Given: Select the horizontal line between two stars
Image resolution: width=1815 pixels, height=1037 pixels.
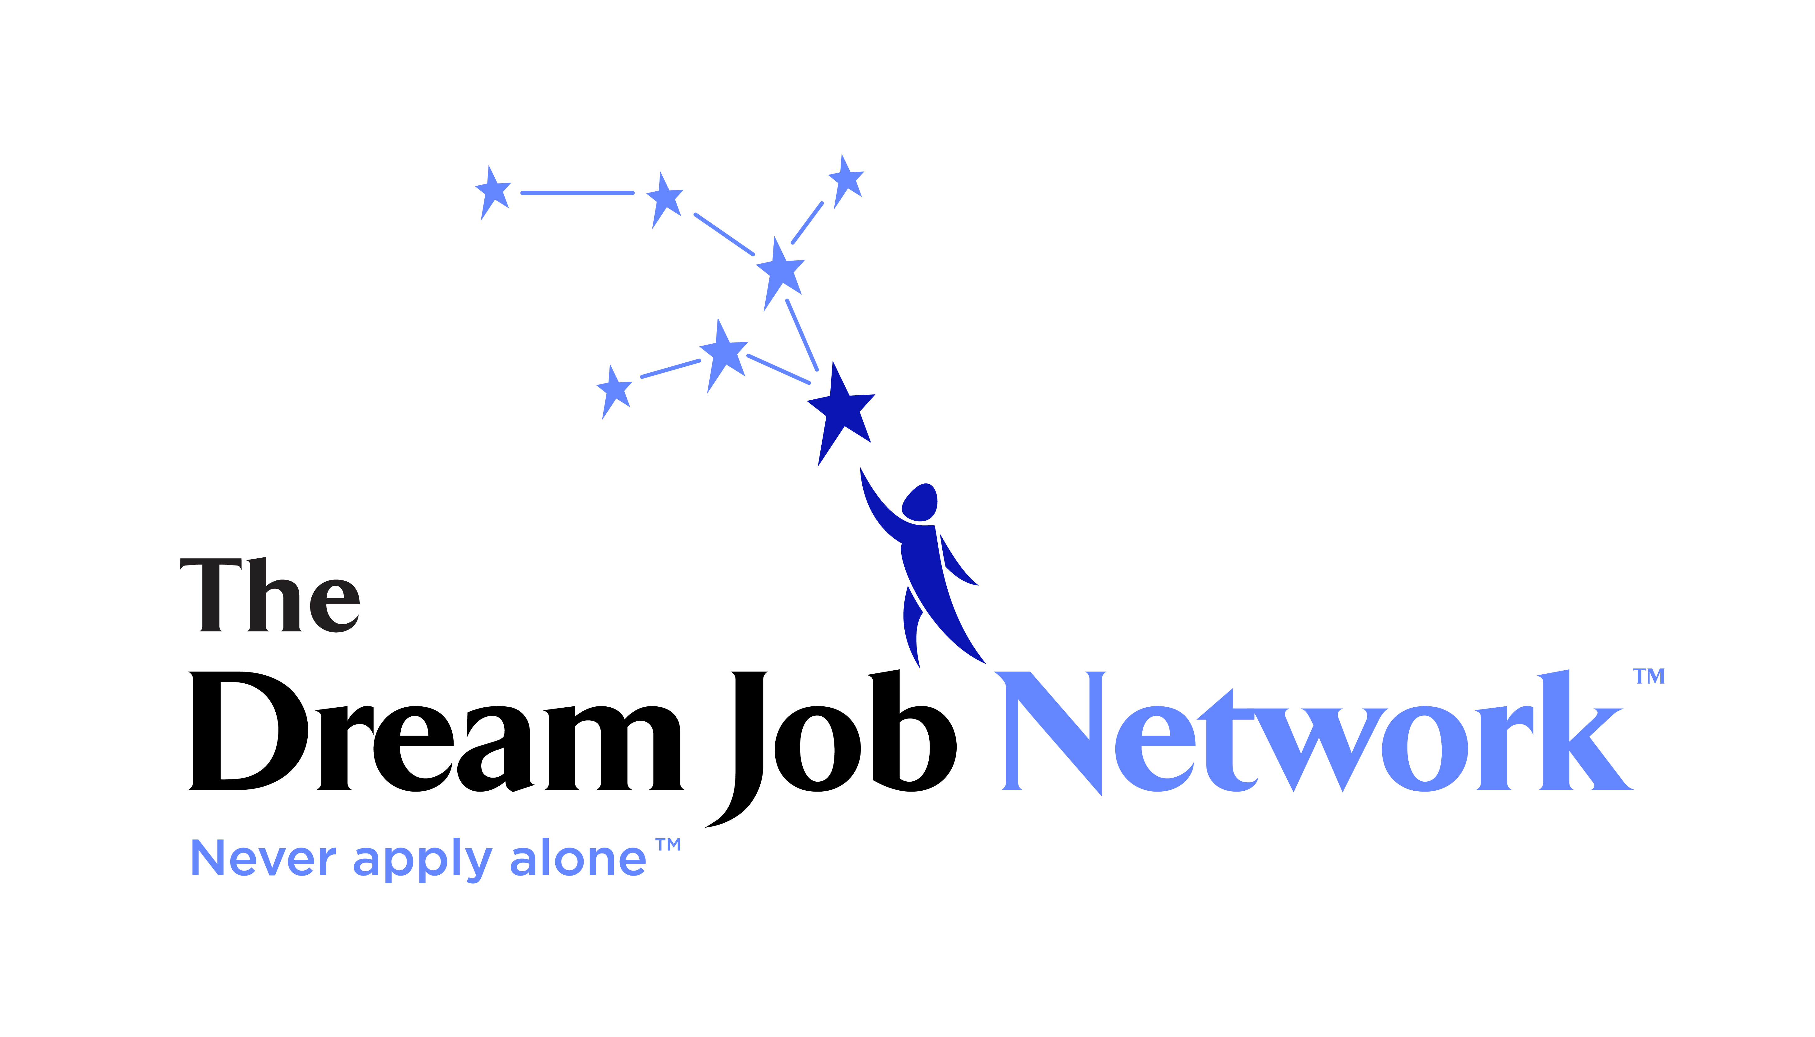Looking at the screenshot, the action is tap(578, 193).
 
